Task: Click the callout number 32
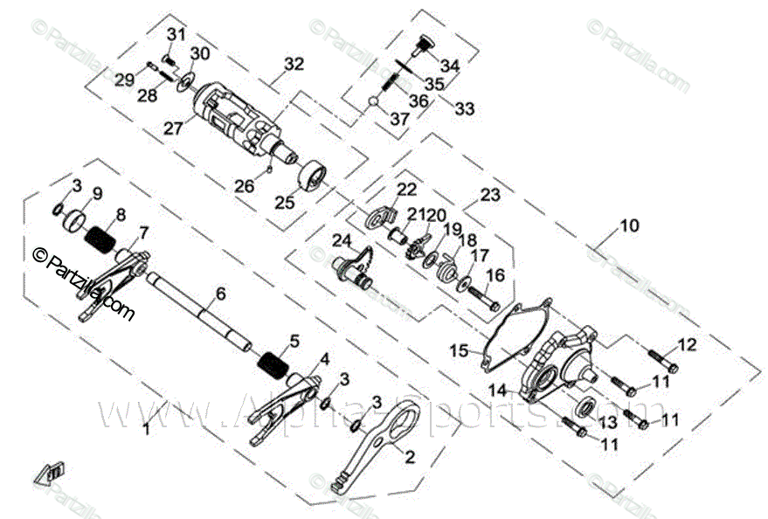(294, 64)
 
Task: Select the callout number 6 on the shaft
(220, 294)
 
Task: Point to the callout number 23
(490, 196)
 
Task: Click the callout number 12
(688, 344)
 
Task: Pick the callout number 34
(450, 66)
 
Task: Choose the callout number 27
(173, 128)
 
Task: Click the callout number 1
(147, 429)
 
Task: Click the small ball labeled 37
(374, 101)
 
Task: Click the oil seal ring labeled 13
(587, 405)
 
